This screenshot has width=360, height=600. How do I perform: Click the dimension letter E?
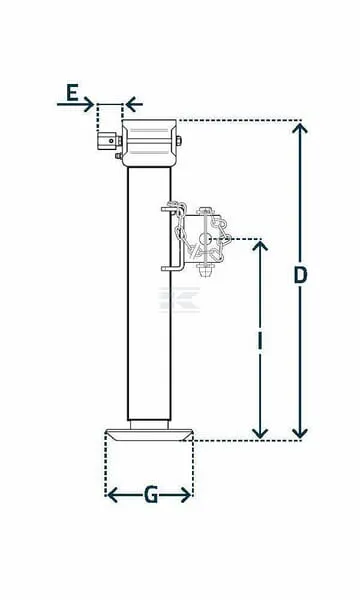(x=72, y=93)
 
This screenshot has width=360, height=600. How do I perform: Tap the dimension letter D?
(x=300, y=275)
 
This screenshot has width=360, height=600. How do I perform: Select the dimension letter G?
(x=151, y=495)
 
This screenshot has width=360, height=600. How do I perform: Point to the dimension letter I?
(x=260, y=342)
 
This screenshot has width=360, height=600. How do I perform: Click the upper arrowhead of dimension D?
(x=300, y=129)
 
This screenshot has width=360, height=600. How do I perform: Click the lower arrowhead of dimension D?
(x=300, y=432)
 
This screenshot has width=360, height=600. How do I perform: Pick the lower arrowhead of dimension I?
(x=260, y=432)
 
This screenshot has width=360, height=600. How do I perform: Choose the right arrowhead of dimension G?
(x=186, y=495)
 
